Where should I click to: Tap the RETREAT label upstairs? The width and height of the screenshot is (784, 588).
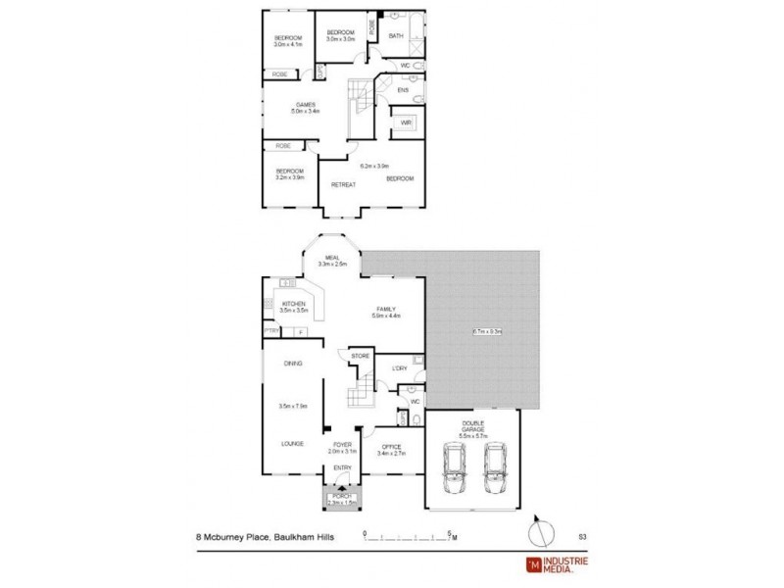point(342,184)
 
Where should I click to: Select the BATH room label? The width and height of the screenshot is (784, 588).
point(396,36)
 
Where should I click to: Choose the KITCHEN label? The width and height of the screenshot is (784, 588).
point(295,304)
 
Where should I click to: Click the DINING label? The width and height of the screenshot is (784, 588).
point(292,364)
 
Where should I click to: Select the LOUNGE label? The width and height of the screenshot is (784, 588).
point(293,443)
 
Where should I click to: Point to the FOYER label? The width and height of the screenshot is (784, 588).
point(342,444)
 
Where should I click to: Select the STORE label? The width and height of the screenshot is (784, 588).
point(360,356)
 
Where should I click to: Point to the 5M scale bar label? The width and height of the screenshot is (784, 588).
point(453,535)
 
